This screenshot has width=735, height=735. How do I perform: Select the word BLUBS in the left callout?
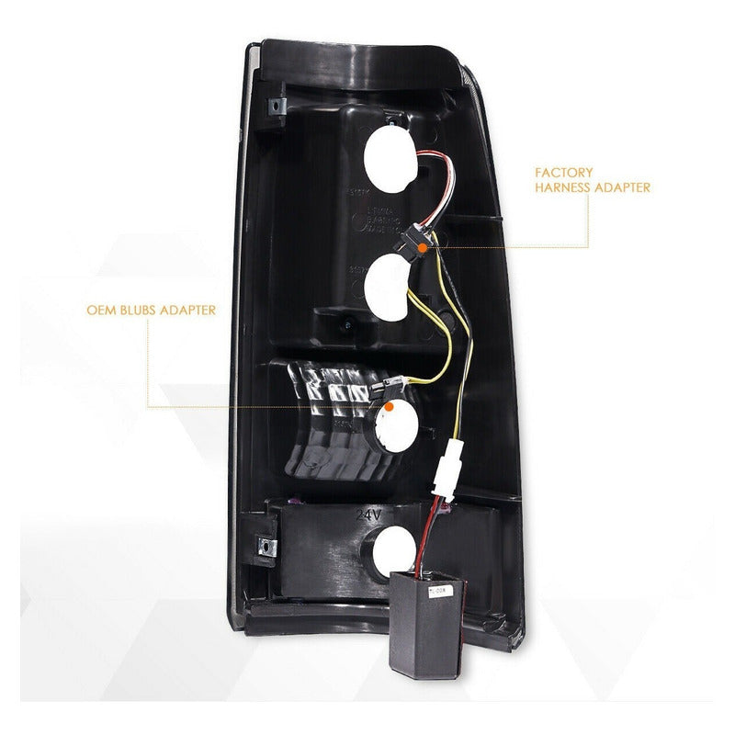point(147,311)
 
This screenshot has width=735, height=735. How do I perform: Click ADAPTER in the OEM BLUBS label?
point(190,311)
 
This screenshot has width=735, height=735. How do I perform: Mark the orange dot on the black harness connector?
point(419,246)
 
